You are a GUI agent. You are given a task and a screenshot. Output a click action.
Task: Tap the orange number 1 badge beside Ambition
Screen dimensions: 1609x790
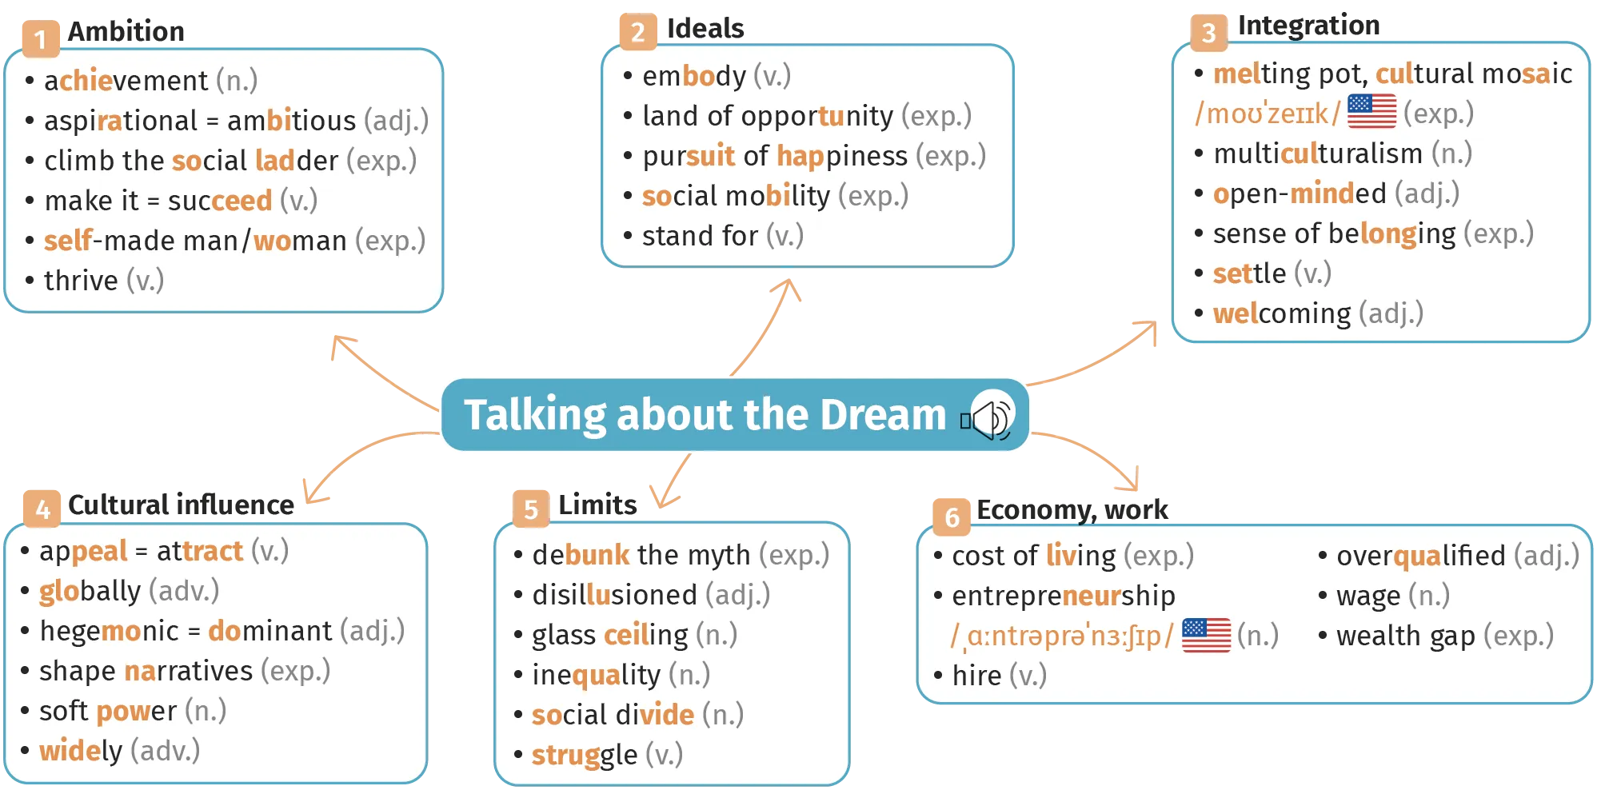pyautogui.click(x=41, y=39)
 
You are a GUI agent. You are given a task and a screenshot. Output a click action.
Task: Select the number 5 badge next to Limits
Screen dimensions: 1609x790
pyautogui.click(x=531, y=509)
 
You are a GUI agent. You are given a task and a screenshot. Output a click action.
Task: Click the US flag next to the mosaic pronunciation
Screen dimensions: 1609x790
pyautogui.click(x=1371, y=111)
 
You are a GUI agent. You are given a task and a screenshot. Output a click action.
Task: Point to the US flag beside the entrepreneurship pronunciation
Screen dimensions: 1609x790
pyautogui.click(x=1206, y=635)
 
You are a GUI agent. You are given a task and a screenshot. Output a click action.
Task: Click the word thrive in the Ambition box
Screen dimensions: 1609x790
pyautogui.click(x=81, y=281)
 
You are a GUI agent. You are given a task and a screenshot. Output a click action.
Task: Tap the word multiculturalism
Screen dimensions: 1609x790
pyautogui.click(x=1318, y=154)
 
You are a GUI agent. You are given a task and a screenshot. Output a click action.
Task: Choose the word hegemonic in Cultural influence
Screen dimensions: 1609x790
pyautogui.click(x=110, y=632)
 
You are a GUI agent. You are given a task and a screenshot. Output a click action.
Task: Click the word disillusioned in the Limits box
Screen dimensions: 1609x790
pyautogui.click(x=615, y=595)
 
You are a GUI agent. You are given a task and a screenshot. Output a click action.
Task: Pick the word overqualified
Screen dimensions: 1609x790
pyautogui.click(x=1421, y=557)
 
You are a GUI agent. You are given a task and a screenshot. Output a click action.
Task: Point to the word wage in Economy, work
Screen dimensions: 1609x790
pyautogui.click(x=1368, y=596)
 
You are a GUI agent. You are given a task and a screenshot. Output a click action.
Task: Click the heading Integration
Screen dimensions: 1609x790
pyautogui.click(x=1308, y=26)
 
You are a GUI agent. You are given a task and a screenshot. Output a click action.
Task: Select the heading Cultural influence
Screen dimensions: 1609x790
pyautogui.click(x=181, y=505)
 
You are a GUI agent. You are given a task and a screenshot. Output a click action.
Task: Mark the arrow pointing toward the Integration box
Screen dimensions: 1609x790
pyautogui.click(x=1096, y=357)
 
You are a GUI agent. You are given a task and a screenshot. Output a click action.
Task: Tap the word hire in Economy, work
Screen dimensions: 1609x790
pyautogui.click(x=976, y=676)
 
